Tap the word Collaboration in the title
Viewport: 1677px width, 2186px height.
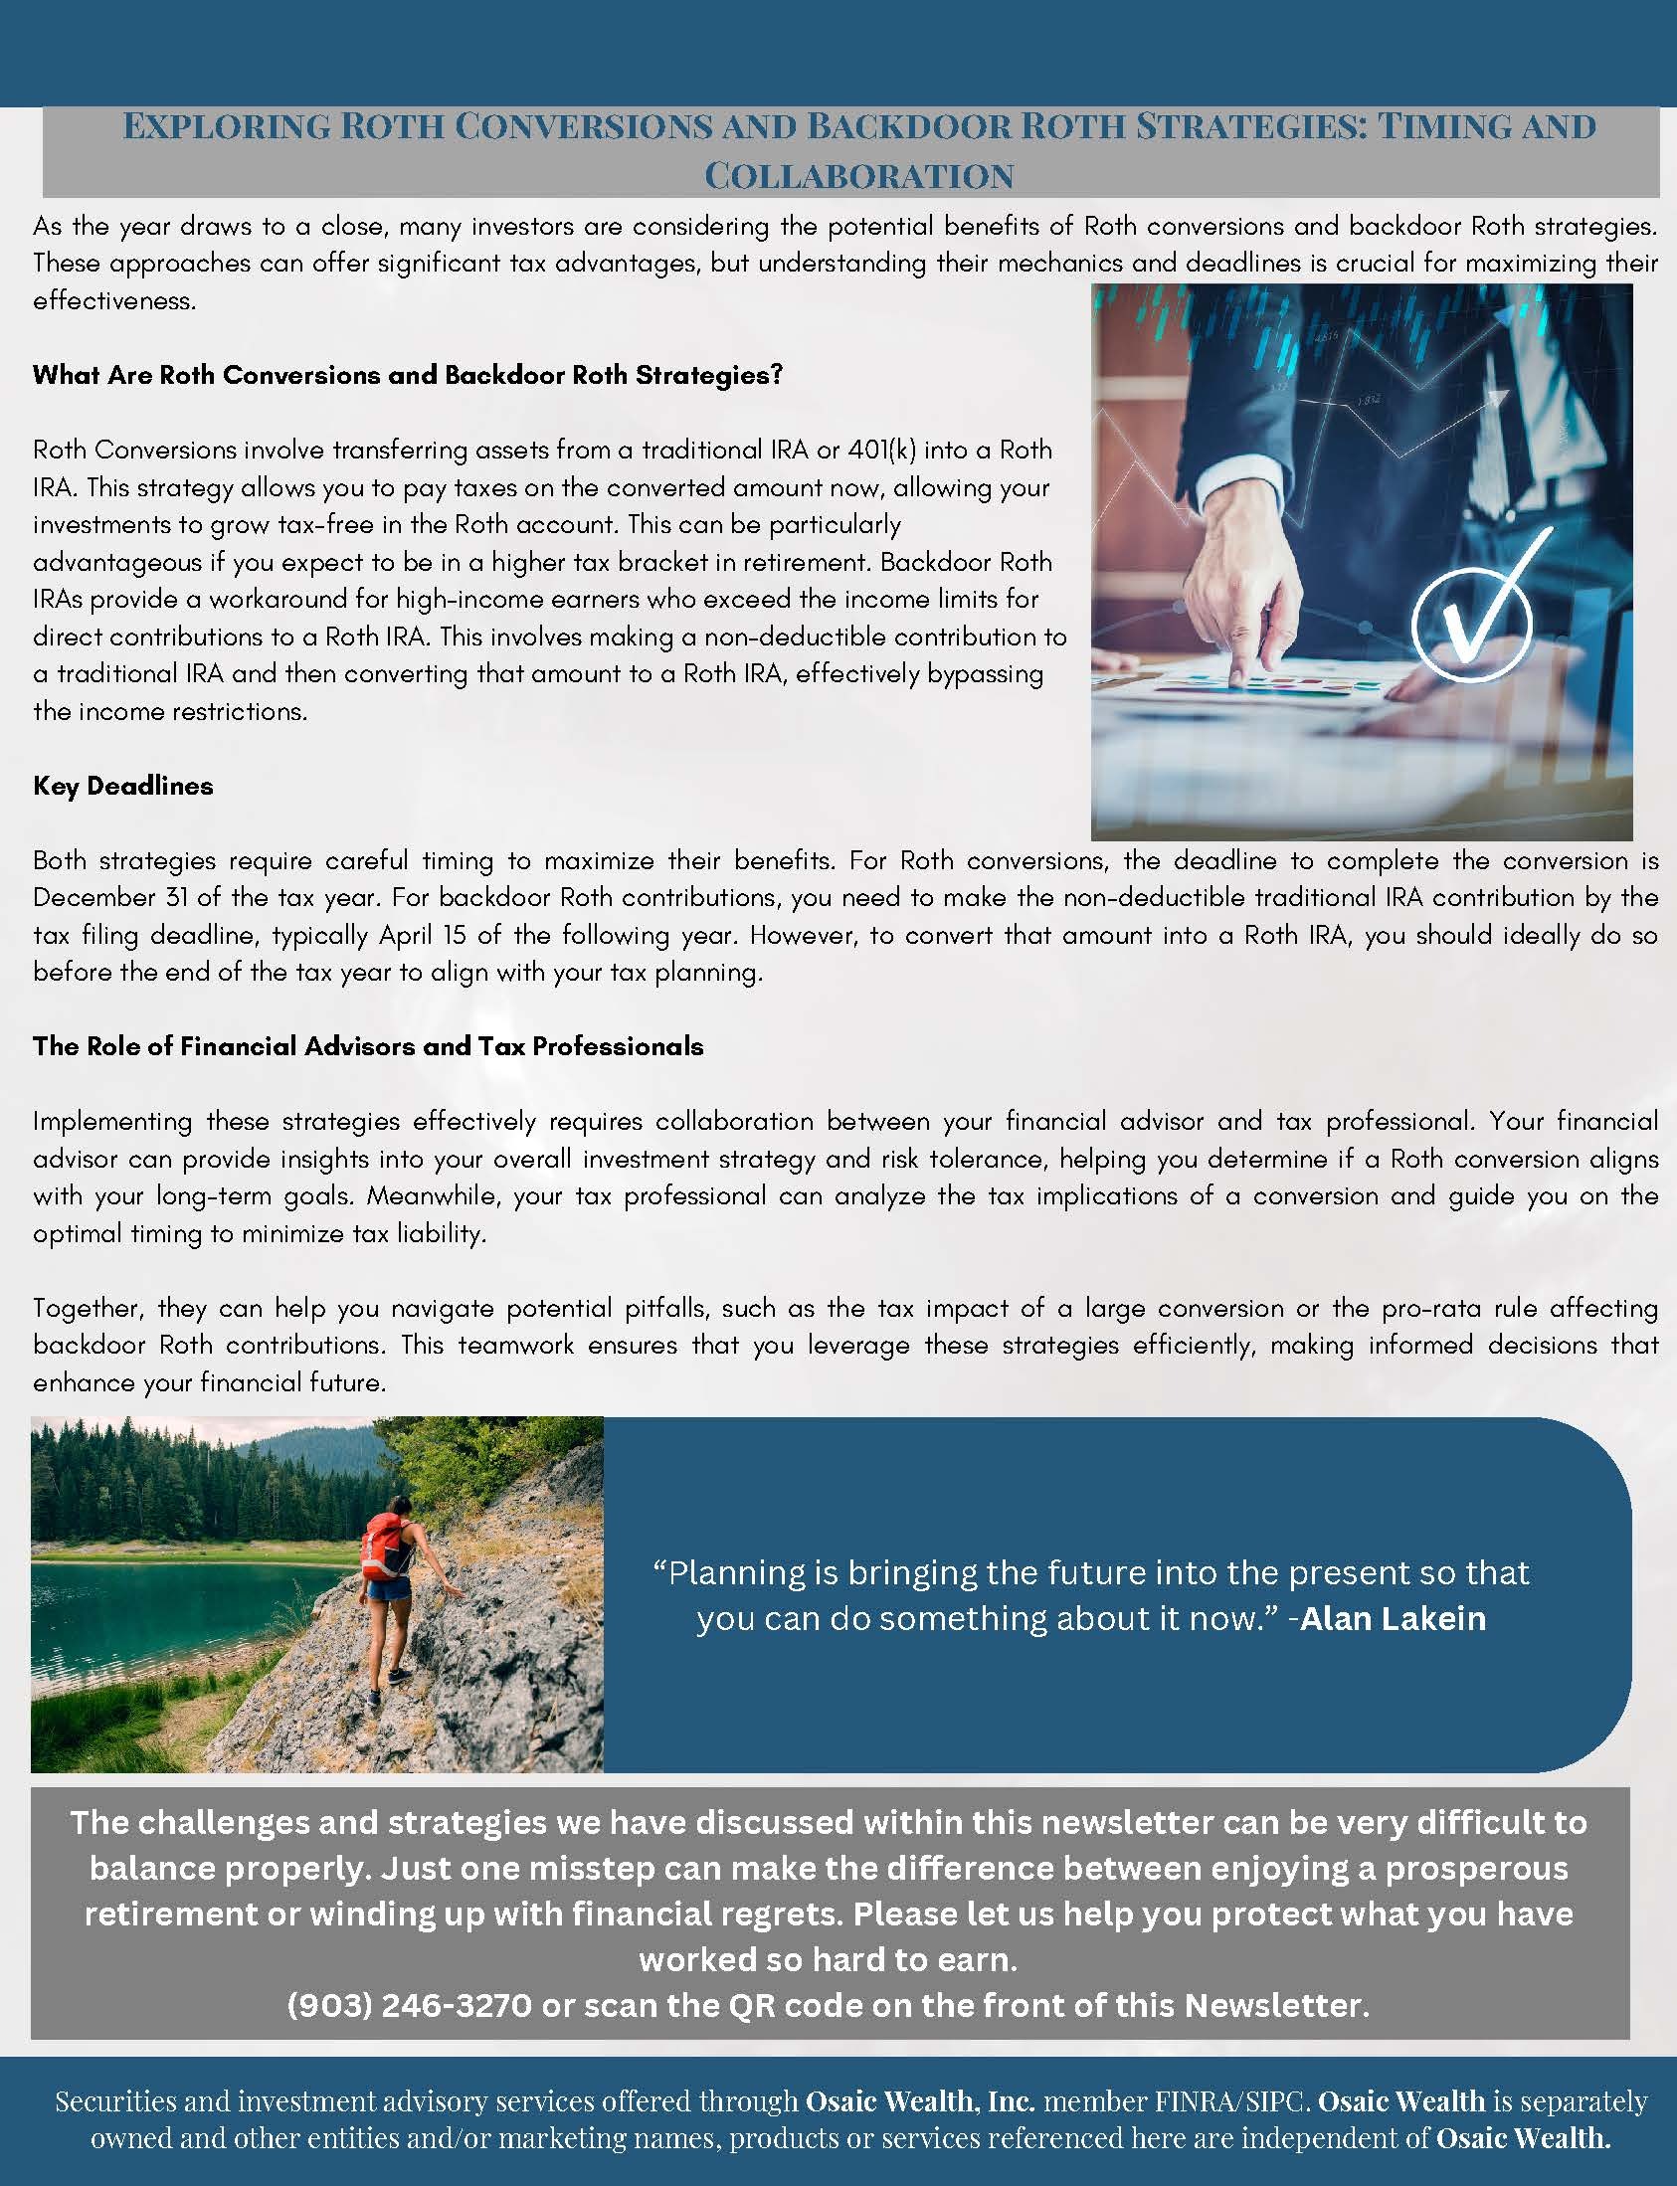click(x=858, y=177)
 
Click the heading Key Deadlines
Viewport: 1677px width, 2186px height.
click(x=122, y=786)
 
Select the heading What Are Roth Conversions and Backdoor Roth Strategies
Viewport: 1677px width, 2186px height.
click(x=407, y=374)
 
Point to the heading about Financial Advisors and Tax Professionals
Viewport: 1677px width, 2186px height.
click(x=367, y=1046)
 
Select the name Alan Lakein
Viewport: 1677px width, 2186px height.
click(x=1393, y=1618)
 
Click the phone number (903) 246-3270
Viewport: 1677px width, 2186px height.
click(x=409, y=2005)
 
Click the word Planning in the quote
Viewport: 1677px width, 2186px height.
click(x=737, y=1573)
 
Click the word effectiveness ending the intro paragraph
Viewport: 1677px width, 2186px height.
click(x=112, y=300)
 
